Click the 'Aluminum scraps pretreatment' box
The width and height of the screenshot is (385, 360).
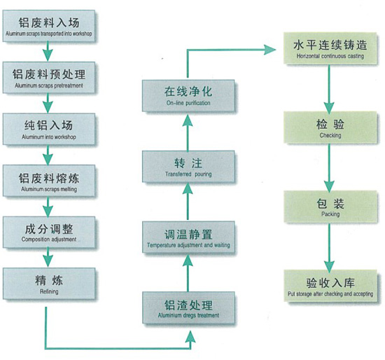[x=49, y=78]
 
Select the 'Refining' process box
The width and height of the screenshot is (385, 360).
[x=49, y=284]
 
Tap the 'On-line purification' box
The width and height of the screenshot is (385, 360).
[x=188, y=96]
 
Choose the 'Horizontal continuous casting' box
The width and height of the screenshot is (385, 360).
[x=330, y=48]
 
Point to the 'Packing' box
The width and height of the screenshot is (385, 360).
[x=330, y=207]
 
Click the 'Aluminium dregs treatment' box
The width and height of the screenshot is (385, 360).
[x=188, y=308]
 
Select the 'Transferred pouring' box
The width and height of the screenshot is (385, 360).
[x=188, y=167]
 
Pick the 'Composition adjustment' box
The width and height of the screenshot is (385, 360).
[x=49, y=233]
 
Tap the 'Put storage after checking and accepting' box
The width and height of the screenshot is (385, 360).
[x=330, y=286]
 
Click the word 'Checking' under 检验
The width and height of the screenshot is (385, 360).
[x=330, y=135]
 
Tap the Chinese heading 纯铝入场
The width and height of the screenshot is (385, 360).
[x=48, y=125]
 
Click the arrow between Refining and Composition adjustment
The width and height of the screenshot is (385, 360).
[x=48, y=257]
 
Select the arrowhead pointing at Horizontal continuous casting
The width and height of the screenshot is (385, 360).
[x=269, y=50]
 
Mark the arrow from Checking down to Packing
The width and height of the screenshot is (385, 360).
[x=329, y=167]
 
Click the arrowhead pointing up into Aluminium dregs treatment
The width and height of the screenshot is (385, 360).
[x=190, y=336]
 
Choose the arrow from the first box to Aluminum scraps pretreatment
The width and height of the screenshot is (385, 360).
[x=48, y=51]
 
